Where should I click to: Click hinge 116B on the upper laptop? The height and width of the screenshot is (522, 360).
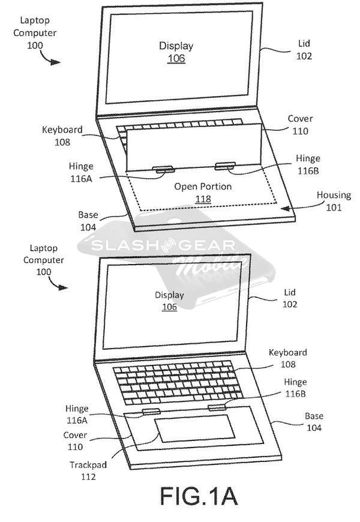[224, 166]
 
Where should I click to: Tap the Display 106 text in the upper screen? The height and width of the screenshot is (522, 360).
[173, 52]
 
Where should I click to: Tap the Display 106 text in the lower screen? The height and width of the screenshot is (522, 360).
[169, 301]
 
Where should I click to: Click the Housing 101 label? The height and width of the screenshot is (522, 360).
[334, 202]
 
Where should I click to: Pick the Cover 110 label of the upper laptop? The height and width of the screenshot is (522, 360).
[300, 124]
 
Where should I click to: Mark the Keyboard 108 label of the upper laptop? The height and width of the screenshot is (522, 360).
[62, 136]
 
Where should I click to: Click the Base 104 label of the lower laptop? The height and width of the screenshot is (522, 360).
[313, 422]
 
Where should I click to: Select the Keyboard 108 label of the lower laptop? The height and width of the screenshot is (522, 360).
[287, 358]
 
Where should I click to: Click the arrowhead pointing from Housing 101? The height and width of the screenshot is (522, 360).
[289, 208]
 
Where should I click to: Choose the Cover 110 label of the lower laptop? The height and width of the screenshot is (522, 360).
[76, 441]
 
